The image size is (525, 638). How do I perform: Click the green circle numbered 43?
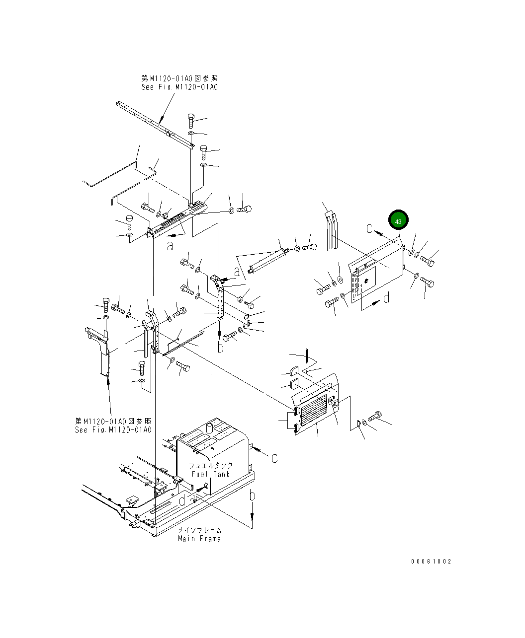pos(398,220)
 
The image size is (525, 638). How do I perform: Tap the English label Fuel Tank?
pos(210,474)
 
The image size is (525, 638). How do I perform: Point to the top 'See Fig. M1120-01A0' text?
pos(179,87)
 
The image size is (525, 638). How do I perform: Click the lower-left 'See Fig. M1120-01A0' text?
pos(113,430)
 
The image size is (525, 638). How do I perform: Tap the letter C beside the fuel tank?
pos(274,458)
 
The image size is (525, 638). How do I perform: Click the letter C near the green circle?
pos(369,229)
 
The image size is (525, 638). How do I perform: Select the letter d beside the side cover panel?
pos(386,298)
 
